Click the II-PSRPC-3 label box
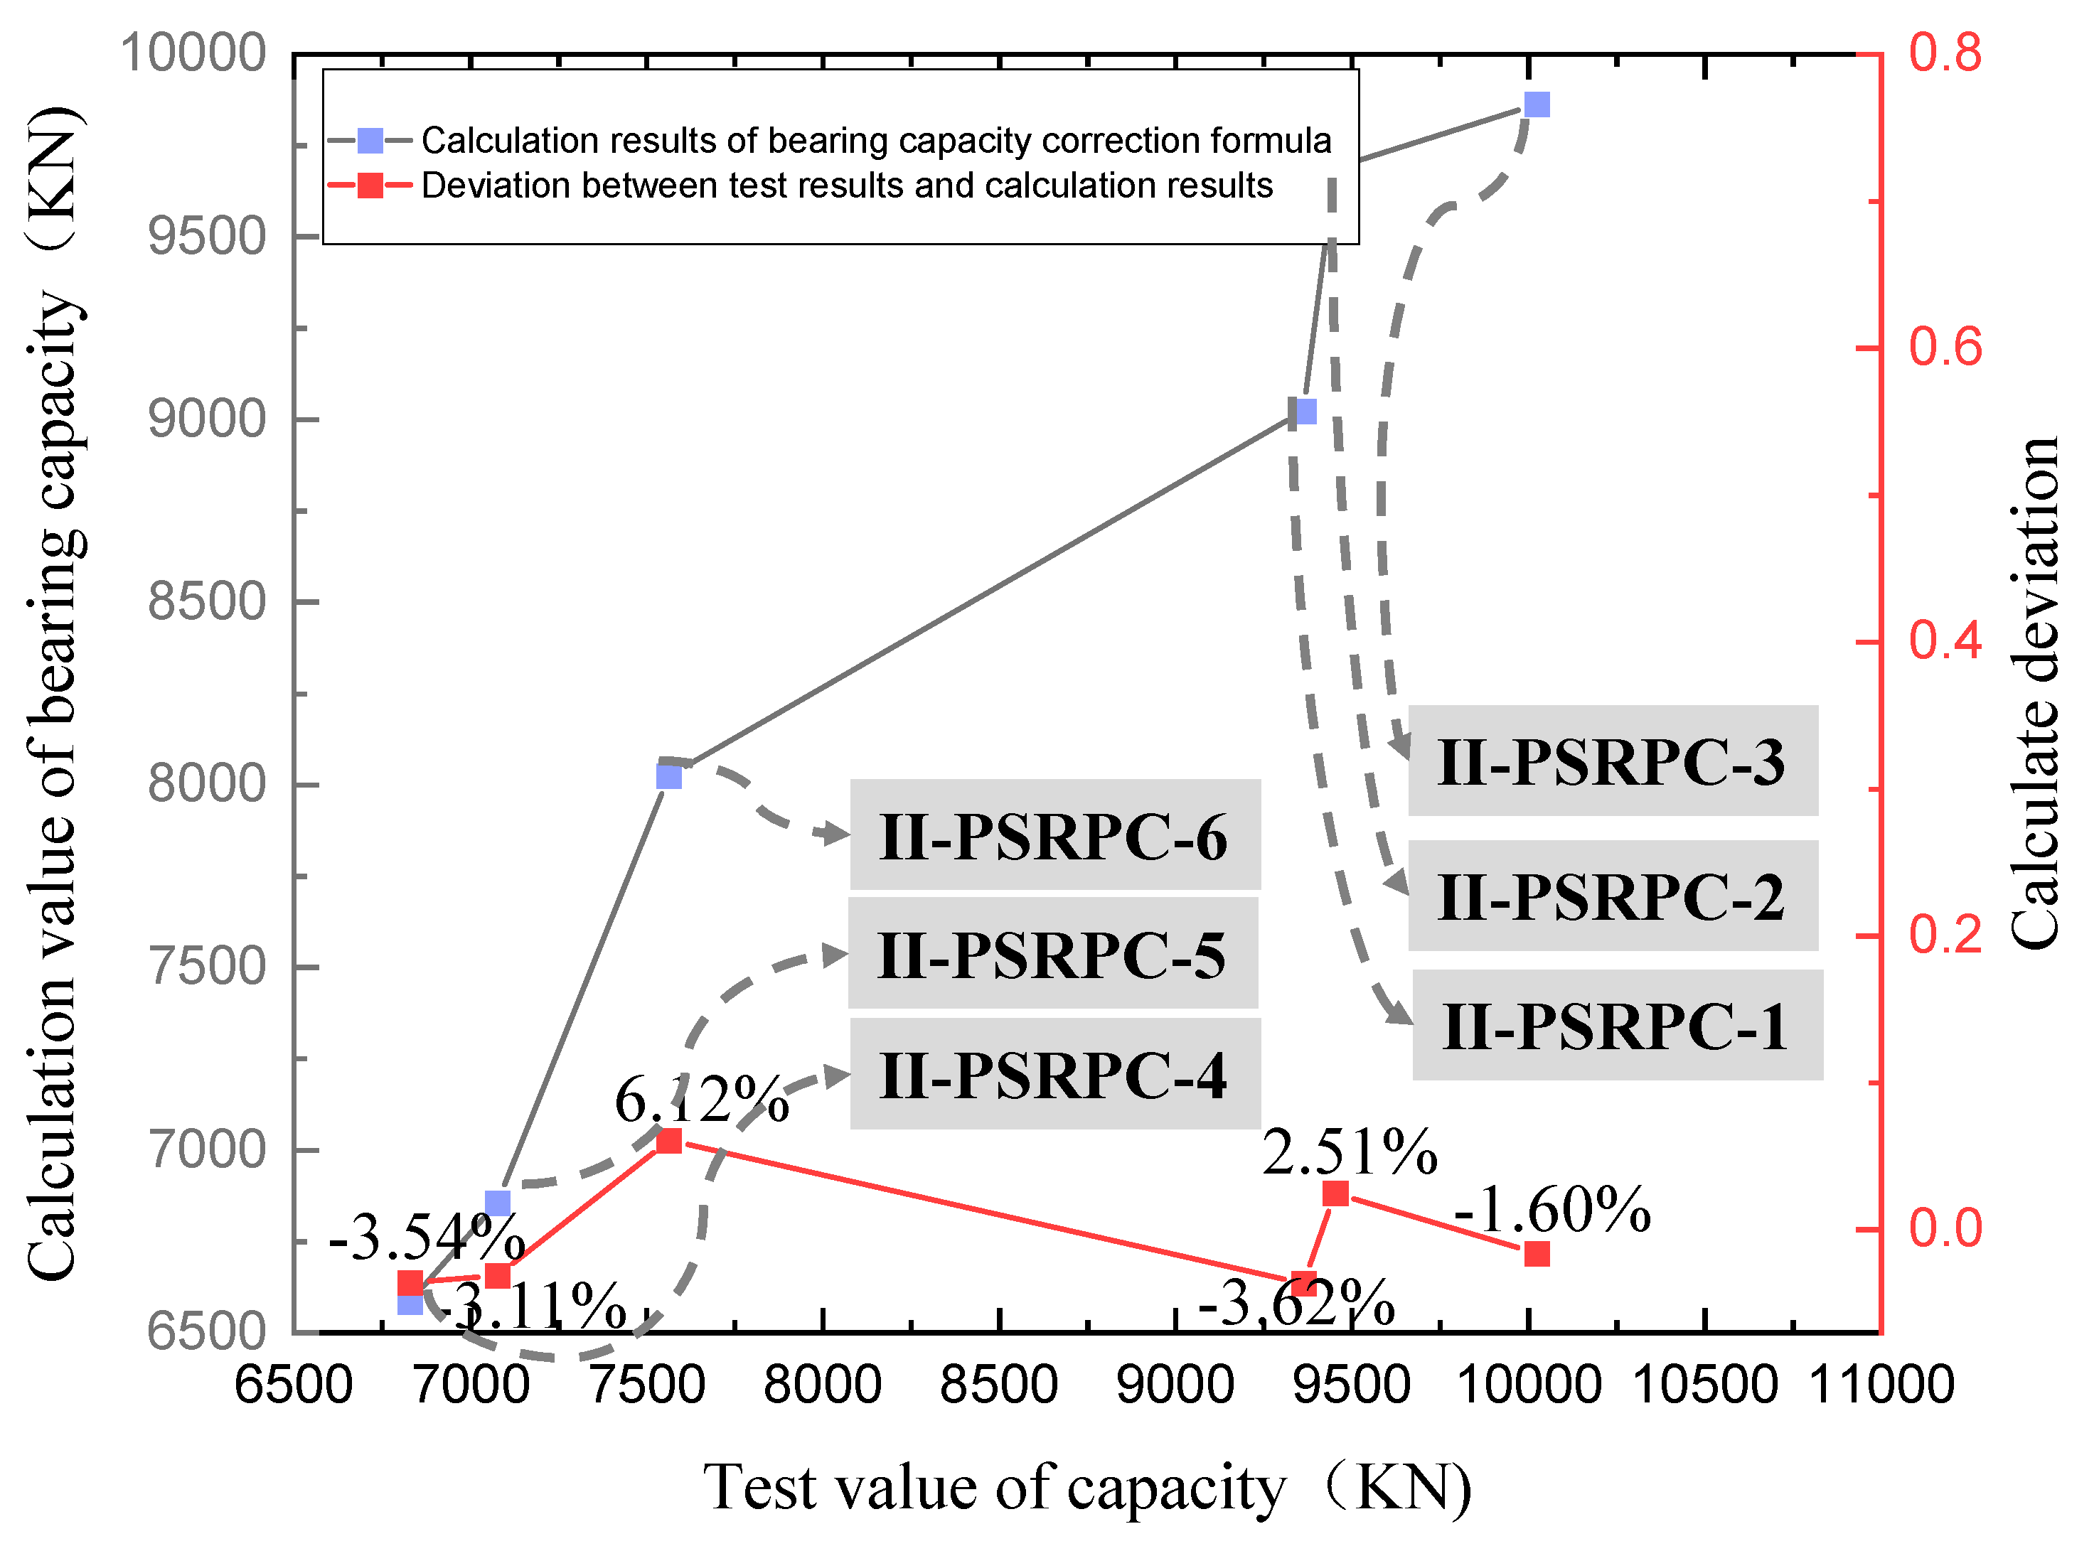pos(1613,761)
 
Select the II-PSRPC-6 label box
pos(1054,834)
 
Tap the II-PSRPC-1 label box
pos(1617,1025)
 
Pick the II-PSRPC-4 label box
pos(1054,1074)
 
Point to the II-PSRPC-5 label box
pos(1053,954)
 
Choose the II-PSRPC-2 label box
pos(1613,896)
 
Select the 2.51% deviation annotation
pos(1350,1152)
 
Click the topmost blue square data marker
pos(1537,104)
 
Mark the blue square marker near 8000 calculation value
pos(668,776)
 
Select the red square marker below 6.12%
pos(668,1141)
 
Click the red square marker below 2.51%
pos(1335,1193)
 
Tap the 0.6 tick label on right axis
pos(1945,348)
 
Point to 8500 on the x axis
pos(998,1386)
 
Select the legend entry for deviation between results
pos(846,186)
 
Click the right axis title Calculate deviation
pos(2034,694)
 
